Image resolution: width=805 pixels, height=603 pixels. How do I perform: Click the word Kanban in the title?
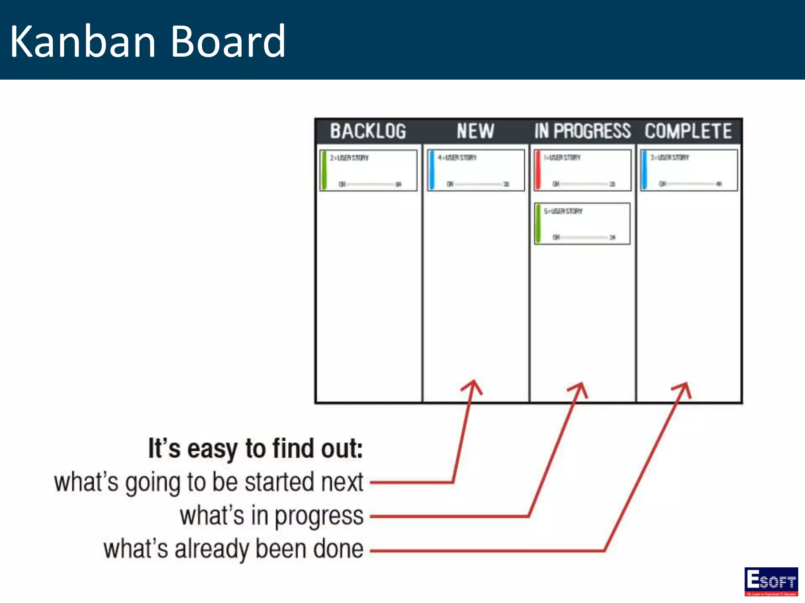83,41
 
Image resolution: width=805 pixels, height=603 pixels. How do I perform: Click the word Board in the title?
228,41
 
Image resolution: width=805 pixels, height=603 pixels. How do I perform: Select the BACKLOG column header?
368,131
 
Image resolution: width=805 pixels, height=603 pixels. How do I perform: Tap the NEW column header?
475,131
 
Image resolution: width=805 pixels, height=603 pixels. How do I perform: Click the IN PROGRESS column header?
582,131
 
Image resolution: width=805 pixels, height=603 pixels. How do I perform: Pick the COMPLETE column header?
688,131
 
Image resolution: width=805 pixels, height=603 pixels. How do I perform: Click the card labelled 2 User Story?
369,170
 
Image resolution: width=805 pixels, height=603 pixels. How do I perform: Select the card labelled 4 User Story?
476,170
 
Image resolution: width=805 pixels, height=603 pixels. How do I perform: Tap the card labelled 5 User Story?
582,224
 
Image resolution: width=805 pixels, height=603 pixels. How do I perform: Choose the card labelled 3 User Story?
689,170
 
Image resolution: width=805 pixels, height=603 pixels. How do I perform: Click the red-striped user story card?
582,170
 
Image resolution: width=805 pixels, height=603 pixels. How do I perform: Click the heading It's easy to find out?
255,448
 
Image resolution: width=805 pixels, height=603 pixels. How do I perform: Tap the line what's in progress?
271,516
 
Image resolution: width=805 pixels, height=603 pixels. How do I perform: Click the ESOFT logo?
771,581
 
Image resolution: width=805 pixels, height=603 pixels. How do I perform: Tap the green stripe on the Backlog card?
324,170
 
